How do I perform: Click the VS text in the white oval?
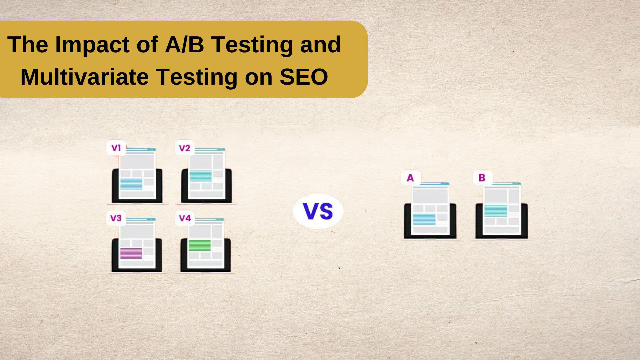[x=318, y=211]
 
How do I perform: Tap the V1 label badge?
[x=116, y=148]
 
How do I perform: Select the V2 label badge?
[x=185, y=148]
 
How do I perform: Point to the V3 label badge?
[x=116, y=218]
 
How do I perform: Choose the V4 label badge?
[x=185, y=218]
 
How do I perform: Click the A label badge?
[x=410, y=178]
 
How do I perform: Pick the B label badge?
[x=482, y=178]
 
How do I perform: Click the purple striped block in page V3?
[x=131, y=253]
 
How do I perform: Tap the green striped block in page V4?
[x=200, y=245]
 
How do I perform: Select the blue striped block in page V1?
[x=131, y=184]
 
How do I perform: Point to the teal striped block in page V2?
[x=201, y=176]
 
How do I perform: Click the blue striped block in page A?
[x=424, y=219]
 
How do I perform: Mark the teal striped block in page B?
[x=496, y=211]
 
